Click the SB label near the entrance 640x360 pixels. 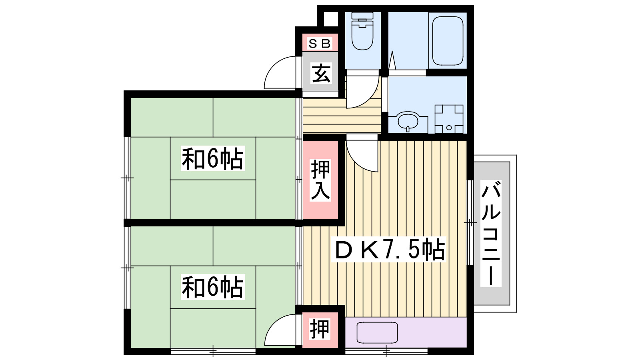pyautogui.click(x=320, y=43)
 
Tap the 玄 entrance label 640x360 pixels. pyautogui.click(x=321, y=73)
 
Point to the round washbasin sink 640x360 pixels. pyautogui.click(x=408, y=120)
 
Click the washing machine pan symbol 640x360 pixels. pyautogui.click(x=449, y=119)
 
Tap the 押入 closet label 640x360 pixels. pyautogui.click(x=321, y=180)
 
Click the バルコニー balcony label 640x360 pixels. pyautogui.click(x=491, y=234)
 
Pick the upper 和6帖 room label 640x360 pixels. pyautogui.click(x=212, y=159)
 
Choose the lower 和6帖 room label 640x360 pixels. pyautogui.click(x=212, y=287)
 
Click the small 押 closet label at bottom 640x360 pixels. pyautogui.click(x=320, y=329)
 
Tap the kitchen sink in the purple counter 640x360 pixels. pyautogui.click(x=377, y=332)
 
